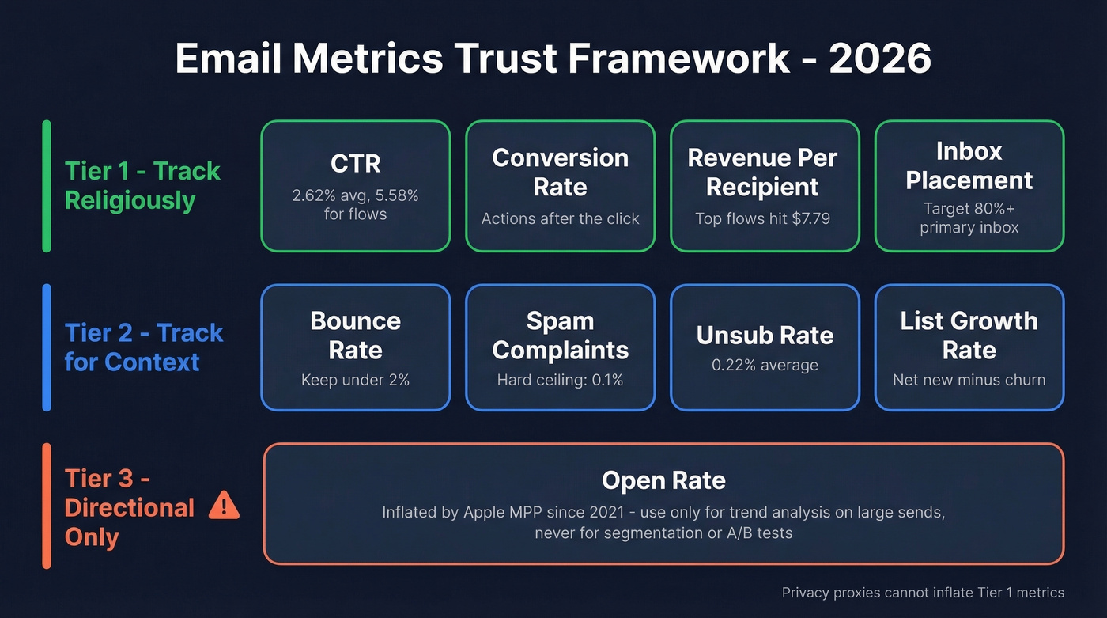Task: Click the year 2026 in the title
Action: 879,59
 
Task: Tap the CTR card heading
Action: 355,163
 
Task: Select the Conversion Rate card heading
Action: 560,172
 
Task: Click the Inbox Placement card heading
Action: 969,165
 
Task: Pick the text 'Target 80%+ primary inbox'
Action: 969,218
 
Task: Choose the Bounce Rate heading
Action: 355,335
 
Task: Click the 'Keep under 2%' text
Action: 355,380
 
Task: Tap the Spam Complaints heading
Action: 560,335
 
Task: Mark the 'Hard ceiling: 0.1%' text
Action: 560,380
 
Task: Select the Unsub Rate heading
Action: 765,335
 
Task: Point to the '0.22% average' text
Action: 765,365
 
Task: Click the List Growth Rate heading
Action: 969,335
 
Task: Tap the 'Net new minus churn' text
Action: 969,380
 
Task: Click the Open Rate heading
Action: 663,480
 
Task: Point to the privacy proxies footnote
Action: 923,593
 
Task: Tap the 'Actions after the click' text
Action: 560,218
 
